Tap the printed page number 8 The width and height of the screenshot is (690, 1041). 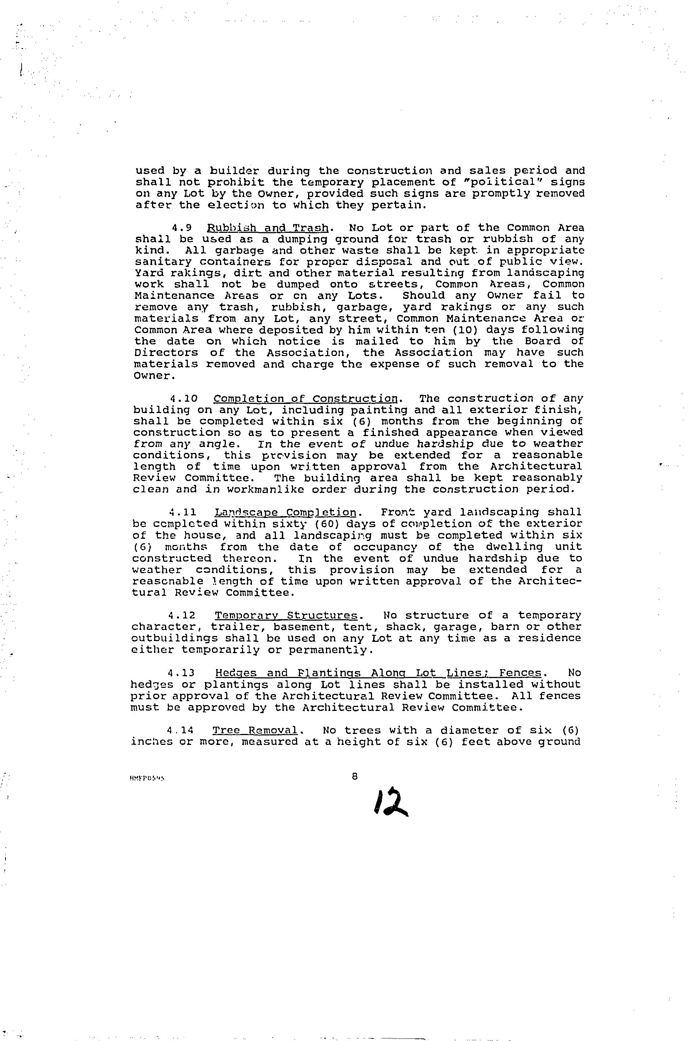355,777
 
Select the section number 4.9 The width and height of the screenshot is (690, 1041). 181,228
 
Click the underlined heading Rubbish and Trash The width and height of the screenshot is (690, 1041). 267,228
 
